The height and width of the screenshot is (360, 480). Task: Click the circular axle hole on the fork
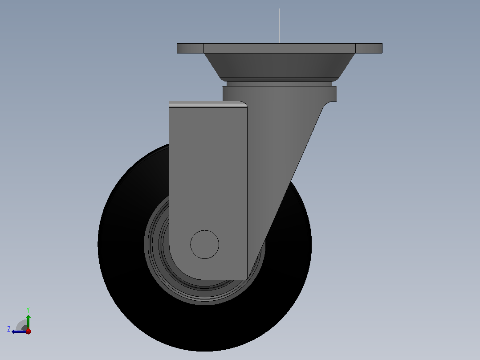tap(204, 245)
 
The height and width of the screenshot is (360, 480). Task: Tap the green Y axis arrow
tap(28, 322)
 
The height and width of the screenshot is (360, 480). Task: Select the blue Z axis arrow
tap(19, 331)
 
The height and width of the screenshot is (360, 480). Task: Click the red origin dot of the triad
tap(28, 331)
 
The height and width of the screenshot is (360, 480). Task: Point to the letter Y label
tap(28, 310)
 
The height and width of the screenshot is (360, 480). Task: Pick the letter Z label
tap(9, 329)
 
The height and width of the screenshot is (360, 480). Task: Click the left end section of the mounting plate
tap(190, 49)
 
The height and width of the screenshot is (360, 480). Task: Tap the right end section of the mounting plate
tap(369, 49)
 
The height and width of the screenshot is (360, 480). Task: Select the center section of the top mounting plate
tap(280, 49)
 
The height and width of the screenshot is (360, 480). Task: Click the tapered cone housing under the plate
tap(279, 65)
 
